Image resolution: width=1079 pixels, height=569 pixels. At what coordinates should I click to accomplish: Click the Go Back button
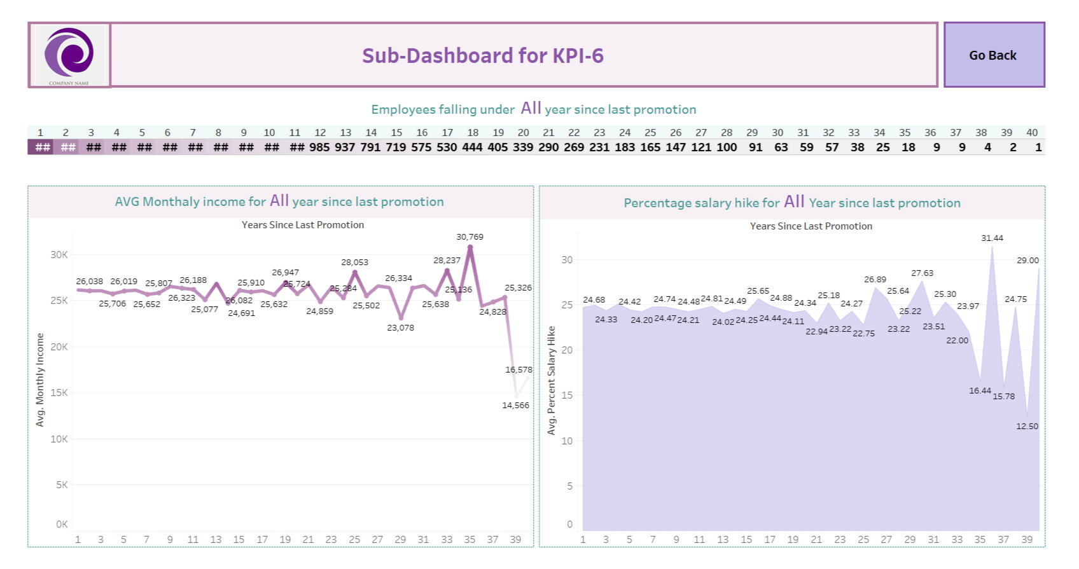(993, 55)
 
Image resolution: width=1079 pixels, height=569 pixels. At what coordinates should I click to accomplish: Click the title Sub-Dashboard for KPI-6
(482, 56)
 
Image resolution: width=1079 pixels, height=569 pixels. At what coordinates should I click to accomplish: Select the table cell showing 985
(319, 147)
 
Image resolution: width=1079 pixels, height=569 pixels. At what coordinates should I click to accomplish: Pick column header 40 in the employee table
(1031, 133)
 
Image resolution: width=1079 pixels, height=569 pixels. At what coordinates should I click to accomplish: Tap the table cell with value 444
(472, 147)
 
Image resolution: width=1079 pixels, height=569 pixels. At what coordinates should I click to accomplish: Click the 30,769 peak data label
(470, 237)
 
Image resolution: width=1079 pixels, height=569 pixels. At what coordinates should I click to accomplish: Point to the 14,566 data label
(515, 406)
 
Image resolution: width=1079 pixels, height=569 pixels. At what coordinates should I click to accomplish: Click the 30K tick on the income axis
(59, 255)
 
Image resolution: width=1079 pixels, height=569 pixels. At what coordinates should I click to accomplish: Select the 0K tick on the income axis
(61, 524)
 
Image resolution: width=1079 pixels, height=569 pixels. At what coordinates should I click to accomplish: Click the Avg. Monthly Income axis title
(40, 380)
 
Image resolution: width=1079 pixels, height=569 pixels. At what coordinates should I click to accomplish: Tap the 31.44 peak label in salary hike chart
(992, 238)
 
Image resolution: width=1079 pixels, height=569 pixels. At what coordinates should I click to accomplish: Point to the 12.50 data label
(1027, 427)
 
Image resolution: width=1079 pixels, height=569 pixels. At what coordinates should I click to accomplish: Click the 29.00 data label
(1027, 261)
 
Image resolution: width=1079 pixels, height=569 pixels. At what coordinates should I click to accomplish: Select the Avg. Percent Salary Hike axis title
(552, 380)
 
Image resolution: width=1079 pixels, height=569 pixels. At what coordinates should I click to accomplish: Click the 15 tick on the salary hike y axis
(566, 395)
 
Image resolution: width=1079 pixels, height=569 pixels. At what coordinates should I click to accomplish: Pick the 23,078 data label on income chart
(400, 328)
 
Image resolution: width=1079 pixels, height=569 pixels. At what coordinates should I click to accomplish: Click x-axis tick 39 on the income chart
(515, 540)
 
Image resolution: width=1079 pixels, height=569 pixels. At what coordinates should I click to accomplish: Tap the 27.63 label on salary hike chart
(922, 273)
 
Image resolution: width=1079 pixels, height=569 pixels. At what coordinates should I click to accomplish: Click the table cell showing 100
(727, 147)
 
